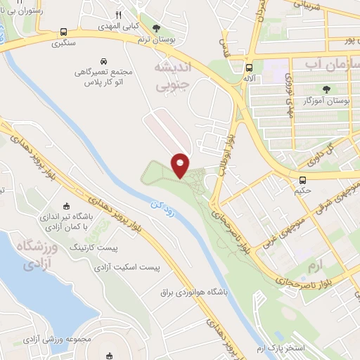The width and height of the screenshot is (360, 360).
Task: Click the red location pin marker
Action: click(181, 165)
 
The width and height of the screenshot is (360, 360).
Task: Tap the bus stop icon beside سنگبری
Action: click(65, 32)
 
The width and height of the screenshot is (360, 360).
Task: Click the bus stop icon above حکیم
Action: click(302, 179)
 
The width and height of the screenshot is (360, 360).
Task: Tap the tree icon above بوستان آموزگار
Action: click(326, 89)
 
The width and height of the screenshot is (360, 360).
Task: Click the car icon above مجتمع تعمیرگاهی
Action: click(104, 61)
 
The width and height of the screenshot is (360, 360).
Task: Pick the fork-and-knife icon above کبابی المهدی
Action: click(119, 14)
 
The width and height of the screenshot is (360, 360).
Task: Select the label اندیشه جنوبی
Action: click(171, 75)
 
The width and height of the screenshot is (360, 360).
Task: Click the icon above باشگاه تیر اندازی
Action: click(67, 206)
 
